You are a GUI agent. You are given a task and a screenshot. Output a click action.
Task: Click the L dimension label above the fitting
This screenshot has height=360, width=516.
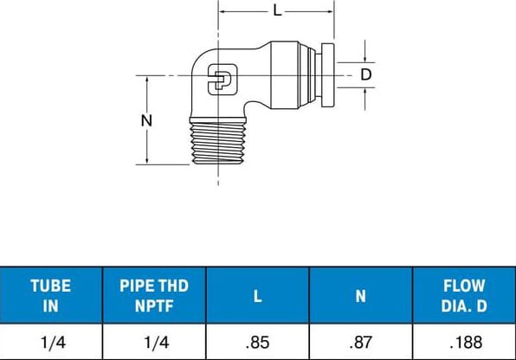[x=276, y=11]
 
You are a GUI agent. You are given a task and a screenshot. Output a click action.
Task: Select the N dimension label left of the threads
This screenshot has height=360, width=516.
[x=146, y=120]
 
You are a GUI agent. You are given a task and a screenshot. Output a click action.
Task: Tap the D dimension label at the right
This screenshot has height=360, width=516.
[x=366, y=74]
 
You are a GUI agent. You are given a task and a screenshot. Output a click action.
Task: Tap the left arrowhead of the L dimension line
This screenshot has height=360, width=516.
[x=223, y=12]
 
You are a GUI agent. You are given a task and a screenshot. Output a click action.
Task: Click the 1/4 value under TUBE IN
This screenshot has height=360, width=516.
[x=51, y=343]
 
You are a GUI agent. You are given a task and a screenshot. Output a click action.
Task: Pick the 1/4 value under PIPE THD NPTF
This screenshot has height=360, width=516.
[x=154, y=343]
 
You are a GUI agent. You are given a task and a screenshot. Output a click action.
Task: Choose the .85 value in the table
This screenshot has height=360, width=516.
[x=257, y=343]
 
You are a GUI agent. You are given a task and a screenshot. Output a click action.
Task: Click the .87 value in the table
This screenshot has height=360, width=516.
[x=360, y=343]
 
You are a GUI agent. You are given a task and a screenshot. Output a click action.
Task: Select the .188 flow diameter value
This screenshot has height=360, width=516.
[x=463, y=343]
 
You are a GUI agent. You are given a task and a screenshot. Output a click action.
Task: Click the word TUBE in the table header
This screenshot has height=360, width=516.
[x=51, y=286]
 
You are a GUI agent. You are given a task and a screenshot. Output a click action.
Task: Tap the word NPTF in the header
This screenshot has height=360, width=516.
[x=154, y=304]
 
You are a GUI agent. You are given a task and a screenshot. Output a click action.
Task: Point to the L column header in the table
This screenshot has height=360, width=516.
[x=257, y=295]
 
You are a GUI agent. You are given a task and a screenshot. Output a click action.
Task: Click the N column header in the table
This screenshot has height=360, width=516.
[x=360, y=295]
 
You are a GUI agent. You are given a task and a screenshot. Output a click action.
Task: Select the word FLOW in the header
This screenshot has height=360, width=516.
[x=463, y=286]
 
